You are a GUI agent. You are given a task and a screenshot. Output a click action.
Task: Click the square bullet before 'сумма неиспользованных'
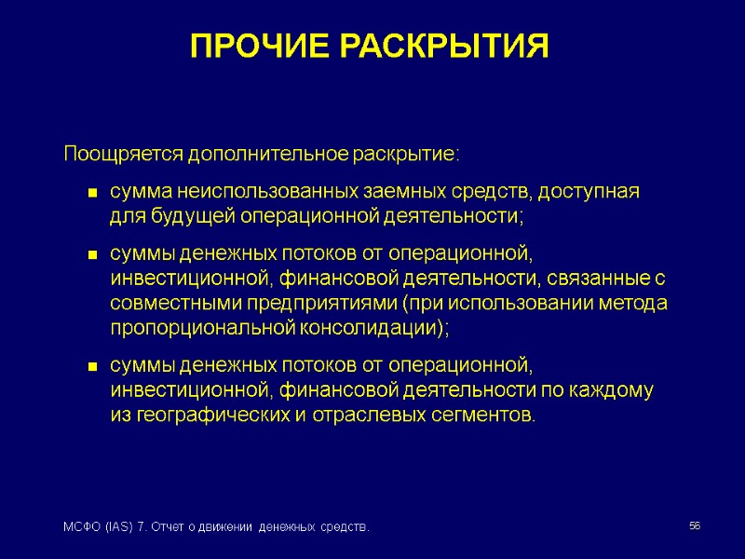coord(93,194)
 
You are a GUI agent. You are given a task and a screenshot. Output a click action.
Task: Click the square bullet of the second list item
coord(93,255)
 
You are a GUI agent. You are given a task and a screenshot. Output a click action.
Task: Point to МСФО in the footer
coord(77,528)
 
